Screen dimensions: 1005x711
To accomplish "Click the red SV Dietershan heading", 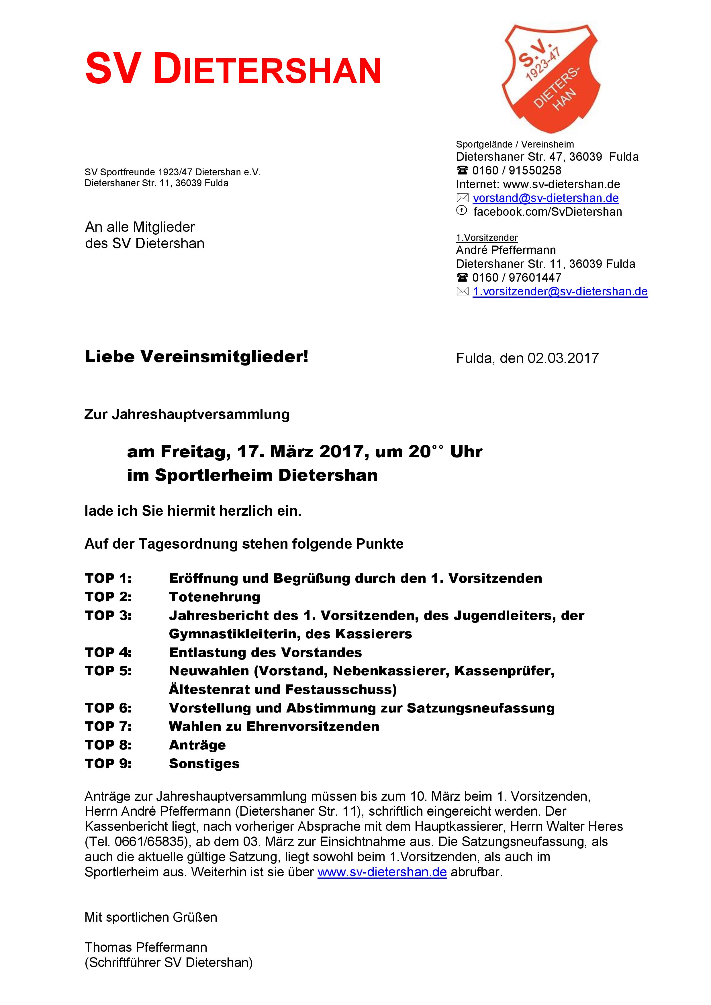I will click(233, 69).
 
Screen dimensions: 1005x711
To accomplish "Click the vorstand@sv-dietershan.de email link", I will click(546, 198).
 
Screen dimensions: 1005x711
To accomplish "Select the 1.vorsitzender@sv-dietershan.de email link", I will click(560, 292).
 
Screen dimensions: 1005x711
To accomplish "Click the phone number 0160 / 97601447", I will click(517, 278).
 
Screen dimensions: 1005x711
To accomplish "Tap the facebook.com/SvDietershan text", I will click(547, 212).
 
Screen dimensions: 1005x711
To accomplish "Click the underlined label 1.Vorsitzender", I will click(487, 238).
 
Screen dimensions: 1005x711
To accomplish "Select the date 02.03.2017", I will click(563, 358).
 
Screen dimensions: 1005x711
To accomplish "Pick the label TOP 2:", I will click(108, 597).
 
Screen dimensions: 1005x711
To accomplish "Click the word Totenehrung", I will click(215, 597).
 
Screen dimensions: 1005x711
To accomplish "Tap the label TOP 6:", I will click(108, 708).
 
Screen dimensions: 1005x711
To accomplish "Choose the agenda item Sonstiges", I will click(204, 764).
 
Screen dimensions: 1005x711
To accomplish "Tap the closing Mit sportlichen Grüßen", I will click(151, 917).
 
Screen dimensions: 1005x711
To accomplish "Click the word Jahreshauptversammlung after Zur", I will click(201, 415).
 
